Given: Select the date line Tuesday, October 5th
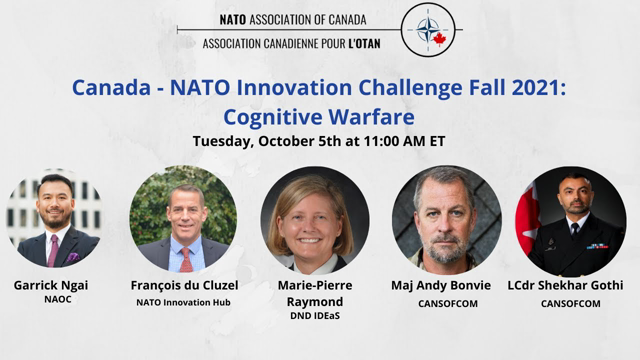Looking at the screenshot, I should (319, 140).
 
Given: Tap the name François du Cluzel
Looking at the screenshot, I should (184, 285).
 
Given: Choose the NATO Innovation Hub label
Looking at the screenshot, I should (184, 301).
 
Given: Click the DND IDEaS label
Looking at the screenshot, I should (315, 317).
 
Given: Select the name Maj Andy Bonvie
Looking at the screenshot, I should (441, 285).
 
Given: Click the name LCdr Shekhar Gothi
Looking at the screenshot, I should (571, 285).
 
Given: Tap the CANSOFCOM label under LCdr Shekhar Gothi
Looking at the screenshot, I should (571, 301).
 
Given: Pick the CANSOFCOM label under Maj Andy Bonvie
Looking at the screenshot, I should (441, 301).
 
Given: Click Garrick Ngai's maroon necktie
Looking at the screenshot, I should (53, 249).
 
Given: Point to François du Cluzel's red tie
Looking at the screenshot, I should (185, 259).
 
